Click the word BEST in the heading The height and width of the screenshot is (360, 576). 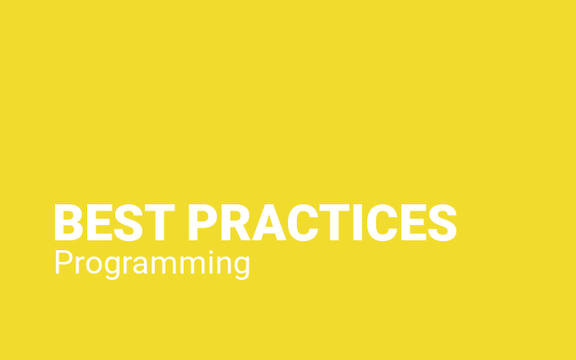[114, 222]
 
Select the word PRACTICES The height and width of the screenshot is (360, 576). [322, 222]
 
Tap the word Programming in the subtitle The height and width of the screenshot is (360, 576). [152, 265]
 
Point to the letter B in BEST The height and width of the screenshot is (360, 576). [68, 222]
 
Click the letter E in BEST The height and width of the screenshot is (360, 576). [100, 222]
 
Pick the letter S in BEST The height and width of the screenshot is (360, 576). [128, 222]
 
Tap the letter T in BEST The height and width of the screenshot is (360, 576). [160, 222]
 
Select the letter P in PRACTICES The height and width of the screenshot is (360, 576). [202, 222]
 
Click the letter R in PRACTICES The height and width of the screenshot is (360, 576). [236, 222]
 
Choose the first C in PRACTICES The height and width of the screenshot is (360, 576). [303, 222]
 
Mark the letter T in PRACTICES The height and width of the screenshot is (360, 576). [334, 222]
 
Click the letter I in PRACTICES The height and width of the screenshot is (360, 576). [358, 222]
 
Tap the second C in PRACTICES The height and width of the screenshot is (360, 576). [382, 222]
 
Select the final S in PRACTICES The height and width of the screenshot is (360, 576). [443, 222]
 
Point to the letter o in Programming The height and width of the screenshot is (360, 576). [94, 265]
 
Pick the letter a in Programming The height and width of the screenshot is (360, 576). [140, 265]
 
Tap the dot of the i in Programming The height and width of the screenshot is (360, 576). [211, 252]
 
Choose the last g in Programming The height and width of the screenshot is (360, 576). [242, 268]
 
